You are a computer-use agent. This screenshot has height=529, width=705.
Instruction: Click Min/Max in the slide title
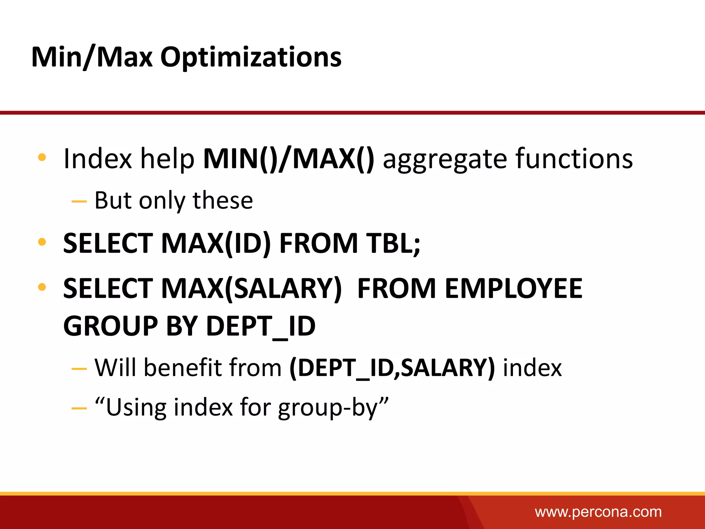pos(92,57)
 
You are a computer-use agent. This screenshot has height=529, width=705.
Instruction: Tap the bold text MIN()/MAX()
pos(288,159)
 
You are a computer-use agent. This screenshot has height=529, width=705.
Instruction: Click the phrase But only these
pos(173,200)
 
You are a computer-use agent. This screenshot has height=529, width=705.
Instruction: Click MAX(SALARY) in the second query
pos(251,289)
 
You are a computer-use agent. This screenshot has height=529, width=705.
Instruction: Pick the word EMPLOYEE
pos(513,289)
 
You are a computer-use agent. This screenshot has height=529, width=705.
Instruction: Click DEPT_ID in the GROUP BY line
pos(261,326)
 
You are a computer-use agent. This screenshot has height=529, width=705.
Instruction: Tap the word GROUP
pos(110,326)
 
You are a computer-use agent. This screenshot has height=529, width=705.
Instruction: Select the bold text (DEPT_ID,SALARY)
pos(392,368)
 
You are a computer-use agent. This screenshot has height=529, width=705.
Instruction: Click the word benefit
pos(183,368)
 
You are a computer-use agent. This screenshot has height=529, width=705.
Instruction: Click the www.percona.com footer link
pos(598,512)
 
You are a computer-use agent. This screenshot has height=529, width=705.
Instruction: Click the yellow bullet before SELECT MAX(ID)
pos(42,242)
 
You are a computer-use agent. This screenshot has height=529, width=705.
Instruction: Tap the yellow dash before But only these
pos(79,201)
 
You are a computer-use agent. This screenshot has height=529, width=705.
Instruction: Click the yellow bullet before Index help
pos(42,157)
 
